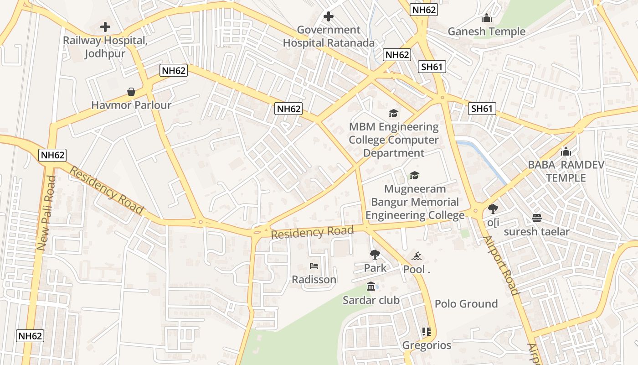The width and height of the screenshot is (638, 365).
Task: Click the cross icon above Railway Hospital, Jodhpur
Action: click(x=105, y=27)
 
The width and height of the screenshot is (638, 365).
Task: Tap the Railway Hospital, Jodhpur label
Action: click(x=105, y=47)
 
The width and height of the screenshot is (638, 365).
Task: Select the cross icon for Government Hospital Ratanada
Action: click(x=328, y=17)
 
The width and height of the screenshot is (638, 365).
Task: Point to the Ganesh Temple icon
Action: click(x=487, y=18)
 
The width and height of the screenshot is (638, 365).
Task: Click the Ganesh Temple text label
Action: click(x=487, y=31)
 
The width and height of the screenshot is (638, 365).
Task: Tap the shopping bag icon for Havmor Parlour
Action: click(x=131, y=92)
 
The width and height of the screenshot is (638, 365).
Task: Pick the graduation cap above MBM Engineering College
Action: click(x=393, y=113)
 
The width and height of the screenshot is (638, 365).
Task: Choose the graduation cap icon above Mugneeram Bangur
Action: click(x=414, y=175)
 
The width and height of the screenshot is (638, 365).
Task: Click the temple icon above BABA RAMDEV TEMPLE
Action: click(x=566, y=151)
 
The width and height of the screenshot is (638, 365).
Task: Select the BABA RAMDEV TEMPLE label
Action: click(x=566, y=171)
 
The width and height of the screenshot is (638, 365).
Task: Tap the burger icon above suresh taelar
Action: click(x=536, y=218)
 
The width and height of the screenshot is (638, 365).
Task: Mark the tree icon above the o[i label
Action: click(x=493, y=209)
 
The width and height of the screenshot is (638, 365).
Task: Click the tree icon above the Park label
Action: click(x=375, y=255)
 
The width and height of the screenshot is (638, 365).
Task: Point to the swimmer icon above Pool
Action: click(x=417, y=256)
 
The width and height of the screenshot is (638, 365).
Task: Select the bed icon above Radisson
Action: click(x=314, y=266)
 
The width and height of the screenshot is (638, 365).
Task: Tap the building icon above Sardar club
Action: click(x=371, y=287)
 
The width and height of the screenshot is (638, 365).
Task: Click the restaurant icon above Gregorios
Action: click(x=427, y=332)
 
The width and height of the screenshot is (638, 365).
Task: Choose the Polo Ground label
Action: click(x=466, y=304)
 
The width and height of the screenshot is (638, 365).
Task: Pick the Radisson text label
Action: click(x=314, y=280)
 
